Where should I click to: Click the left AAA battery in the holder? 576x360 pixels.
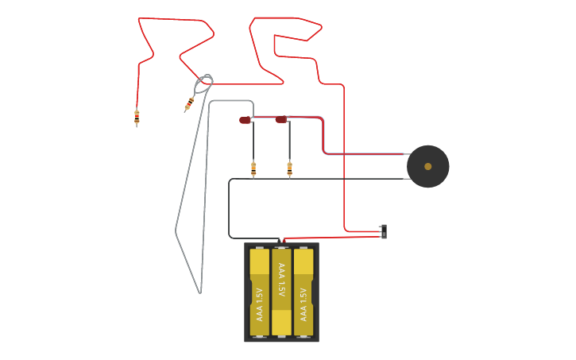click(x=259, y=292)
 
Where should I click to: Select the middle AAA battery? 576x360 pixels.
click(x=281, y=292)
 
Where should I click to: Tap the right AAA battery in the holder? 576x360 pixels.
click(x=303, y=292)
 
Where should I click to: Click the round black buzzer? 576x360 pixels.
click(x=427, y=166)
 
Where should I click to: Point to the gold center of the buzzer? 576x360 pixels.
click(x=427, y=166)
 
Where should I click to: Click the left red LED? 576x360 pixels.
click(x=245, y=120)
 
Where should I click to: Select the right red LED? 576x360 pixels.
click(x=281, y=119)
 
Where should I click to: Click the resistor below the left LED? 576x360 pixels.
click(x=253, y=168)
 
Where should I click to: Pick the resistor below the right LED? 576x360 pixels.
click(x=289, y=168)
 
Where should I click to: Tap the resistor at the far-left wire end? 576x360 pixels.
click(x=137, y=118)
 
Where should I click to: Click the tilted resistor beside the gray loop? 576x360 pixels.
click(x=189, y=103)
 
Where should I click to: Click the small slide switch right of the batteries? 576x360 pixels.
click(x=384, y=231)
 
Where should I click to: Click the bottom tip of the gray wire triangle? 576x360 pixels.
click(x=199, y=292)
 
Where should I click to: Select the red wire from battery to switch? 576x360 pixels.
click(x=334, y=236)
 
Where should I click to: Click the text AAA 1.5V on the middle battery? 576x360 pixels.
click(x=281, y=281)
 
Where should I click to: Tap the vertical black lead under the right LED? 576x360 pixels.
click(x=289, y=143)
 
